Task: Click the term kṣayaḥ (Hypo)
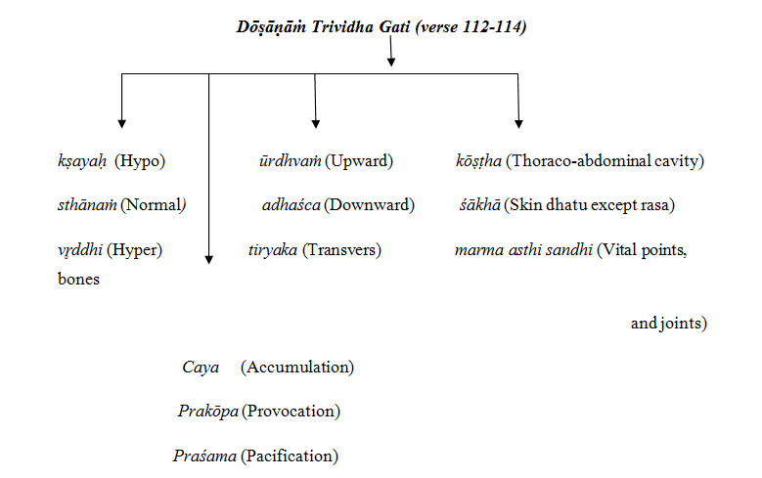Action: (109, 160)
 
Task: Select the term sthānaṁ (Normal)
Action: (120, 205)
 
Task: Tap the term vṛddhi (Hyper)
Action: (110, 250)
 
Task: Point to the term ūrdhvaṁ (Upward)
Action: (319, 160)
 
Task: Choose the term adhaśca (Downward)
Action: (337, 205)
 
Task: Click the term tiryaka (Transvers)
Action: (314, 250)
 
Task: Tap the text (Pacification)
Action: (291, 456)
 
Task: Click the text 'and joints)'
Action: (669, 323)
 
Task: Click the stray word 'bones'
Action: (79, 280)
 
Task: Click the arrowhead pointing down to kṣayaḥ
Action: (121, 123)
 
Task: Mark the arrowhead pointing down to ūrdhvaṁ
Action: (316, 123)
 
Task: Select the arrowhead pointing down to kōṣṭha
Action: (518, 123)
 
